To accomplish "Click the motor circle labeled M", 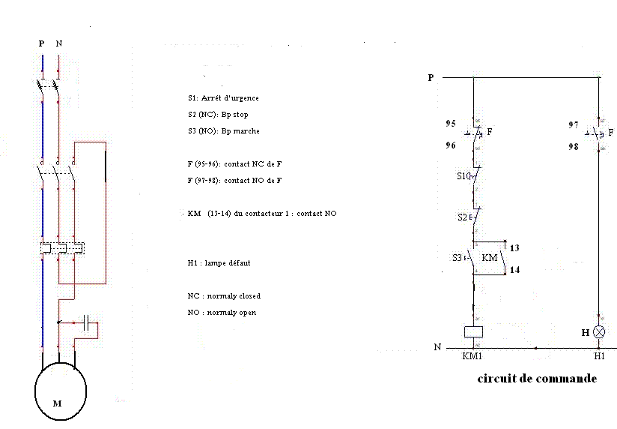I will coord(60,393).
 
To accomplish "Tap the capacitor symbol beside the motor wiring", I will coord(88,324).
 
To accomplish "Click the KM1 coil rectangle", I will coord(473,331).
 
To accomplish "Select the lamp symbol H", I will coord(599,331).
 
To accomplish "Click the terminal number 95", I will coord(450,124).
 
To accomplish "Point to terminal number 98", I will coord(573,148).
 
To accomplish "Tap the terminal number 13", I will coord(514,247).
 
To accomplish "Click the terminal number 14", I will coord(514,269).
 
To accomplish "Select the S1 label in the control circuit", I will coord(461,177).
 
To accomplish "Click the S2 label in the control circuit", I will coord(461,217).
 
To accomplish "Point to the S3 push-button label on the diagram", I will coord(457,258).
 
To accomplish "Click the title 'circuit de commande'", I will coord(537,379).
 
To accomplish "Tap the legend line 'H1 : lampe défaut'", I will coord(219,263).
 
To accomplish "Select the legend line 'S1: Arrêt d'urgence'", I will coord(223,98).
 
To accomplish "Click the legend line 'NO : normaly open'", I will coord(222,312).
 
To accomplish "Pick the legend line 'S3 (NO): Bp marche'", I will coord(224,131).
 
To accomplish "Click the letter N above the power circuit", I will coord(59,43).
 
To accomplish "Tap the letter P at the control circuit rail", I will coord(431,77).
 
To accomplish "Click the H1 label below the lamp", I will coord(599,357).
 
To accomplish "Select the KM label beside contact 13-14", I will coord(490,258).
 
